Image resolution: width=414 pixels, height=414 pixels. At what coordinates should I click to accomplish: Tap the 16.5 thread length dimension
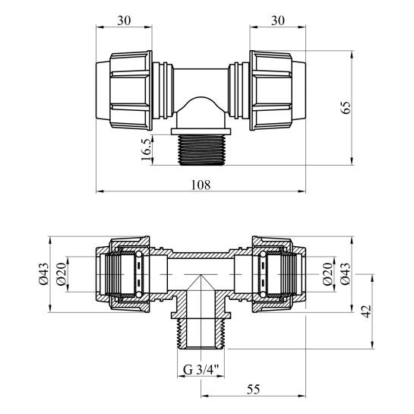click(145, 148)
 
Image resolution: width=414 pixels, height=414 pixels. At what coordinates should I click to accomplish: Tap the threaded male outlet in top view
click(202, 147)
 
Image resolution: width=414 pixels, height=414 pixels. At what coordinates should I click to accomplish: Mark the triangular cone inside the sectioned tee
click(202, 289)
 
